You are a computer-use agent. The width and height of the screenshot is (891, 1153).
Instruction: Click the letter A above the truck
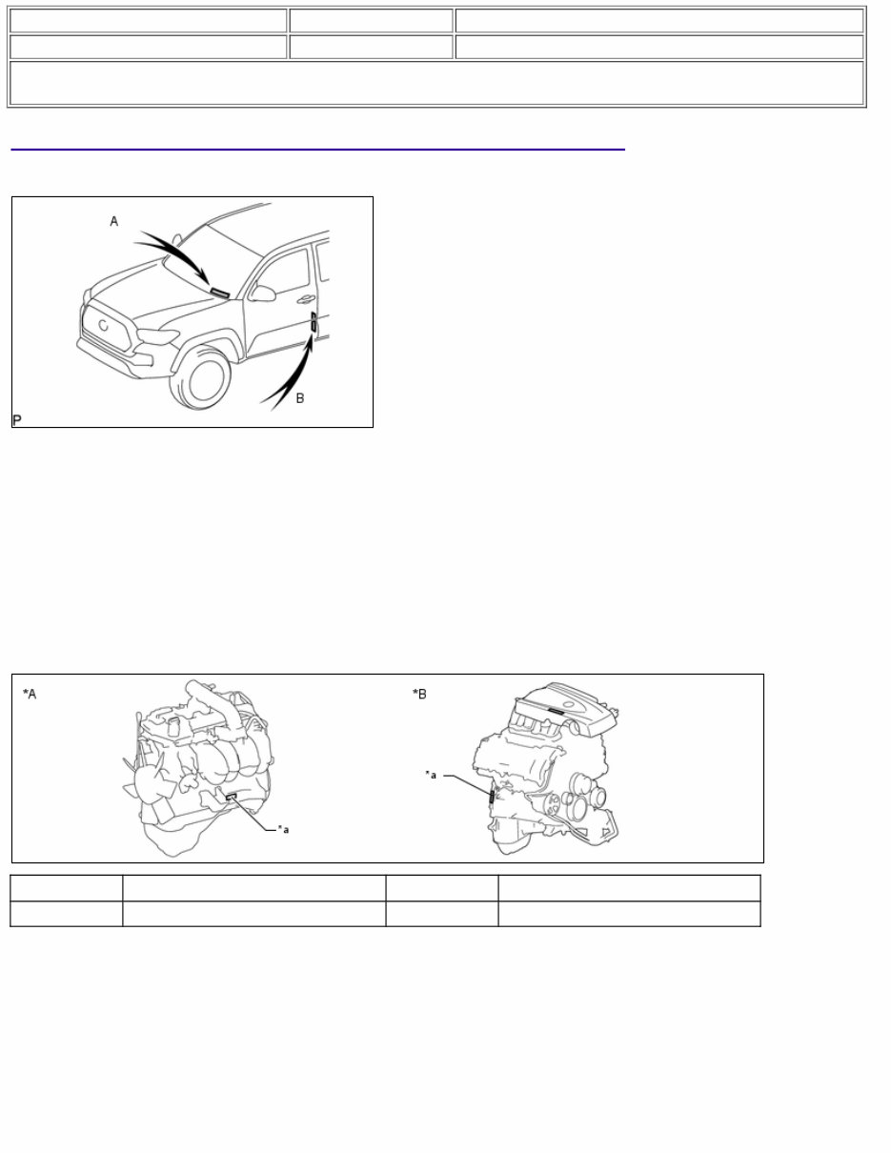[x=114, y=221]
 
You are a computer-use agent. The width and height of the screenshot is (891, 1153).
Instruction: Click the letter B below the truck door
[x=300, y=397]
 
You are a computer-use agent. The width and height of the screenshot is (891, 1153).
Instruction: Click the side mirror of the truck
[x=262, y=293]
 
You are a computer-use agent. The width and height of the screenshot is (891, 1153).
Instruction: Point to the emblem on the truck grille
[x=102, y=324]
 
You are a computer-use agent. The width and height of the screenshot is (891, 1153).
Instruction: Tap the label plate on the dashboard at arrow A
[x=219, y=293]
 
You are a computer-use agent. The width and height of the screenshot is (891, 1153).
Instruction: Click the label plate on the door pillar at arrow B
[x=314, y=325]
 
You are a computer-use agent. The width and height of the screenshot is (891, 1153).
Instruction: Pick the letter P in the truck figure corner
[x=17, y=419]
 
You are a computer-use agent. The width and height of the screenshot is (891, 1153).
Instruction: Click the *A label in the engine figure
[x=30, y=694]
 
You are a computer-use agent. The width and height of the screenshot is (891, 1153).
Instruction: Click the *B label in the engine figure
[x=419, y=694]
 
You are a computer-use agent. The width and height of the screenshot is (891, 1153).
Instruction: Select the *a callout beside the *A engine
[x=283, y=829]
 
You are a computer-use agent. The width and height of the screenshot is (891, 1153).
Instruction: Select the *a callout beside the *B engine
[x=431, y=775]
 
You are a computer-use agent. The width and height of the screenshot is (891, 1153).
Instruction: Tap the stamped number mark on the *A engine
[x=232, y=797]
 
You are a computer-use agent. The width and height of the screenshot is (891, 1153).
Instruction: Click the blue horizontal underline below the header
[x=317, y=150]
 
